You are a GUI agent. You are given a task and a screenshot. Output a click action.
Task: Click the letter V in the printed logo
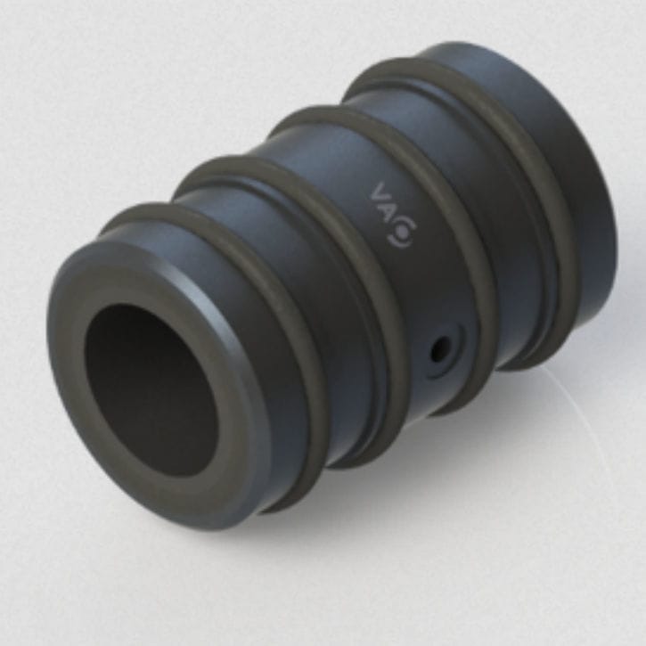(380, 193)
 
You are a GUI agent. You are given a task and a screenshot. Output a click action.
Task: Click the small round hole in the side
(439, 349)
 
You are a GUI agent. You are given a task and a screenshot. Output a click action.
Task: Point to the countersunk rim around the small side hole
(450, 339)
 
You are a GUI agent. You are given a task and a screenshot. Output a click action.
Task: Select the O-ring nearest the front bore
(267, 294)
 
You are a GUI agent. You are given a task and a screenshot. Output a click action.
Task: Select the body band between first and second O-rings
(303, 258)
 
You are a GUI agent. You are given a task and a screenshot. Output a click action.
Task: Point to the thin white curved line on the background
(570, 419)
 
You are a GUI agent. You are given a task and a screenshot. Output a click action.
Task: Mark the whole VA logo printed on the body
(390, 215)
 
